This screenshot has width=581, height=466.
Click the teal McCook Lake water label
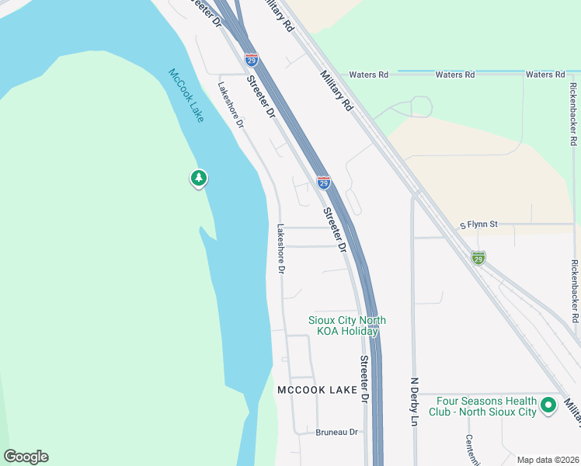click(186, 96)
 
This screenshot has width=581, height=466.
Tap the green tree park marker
click(199, 179)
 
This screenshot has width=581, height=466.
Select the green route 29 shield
click(478, 257)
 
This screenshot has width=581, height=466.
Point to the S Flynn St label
click(478, 224)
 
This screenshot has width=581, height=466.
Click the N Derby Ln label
click(414, 402)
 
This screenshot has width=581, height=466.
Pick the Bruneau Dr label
click(336, 432)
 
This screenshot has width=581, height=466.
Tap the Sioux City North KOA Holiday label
click(347, 325)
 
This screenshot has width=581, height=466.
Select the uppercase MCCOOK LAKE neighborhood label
click(317, 389)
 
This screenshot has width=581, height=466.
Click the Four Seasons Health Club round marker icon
click(548, 405)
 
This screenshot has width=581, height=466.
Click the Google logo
click(26, 457)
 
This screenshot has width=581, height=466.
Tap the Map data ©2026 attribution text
click(548, 460)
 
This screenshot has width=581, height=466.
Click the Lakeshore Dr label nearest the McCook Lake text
click(231, 105)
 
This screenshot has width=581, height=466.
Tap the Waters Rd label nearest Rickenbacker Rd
click(544, 75)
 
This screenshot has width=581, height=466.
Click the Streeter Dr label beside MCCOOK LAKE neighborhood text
click(364, 380)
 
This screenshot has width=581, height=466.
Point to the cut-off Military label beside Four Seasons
click(573, 412)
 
